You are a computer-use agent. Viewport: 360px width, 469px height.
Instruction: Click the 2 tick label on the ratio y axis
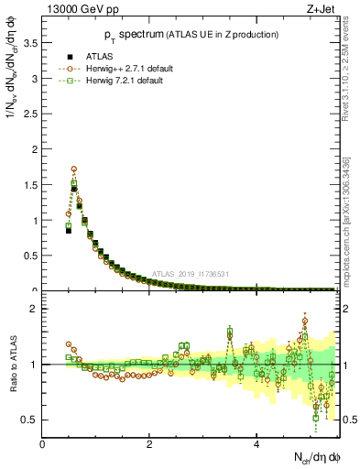pos(34,309)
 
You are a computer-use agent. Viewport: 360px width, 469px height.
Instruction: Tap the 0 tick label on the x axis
pos(42,445)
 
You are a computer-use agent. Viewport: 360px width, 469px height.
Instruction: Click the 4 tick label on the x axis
pos(256,445)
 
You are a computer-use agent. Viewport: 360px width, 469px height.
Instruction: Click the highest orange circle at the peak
pos(74,169)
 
